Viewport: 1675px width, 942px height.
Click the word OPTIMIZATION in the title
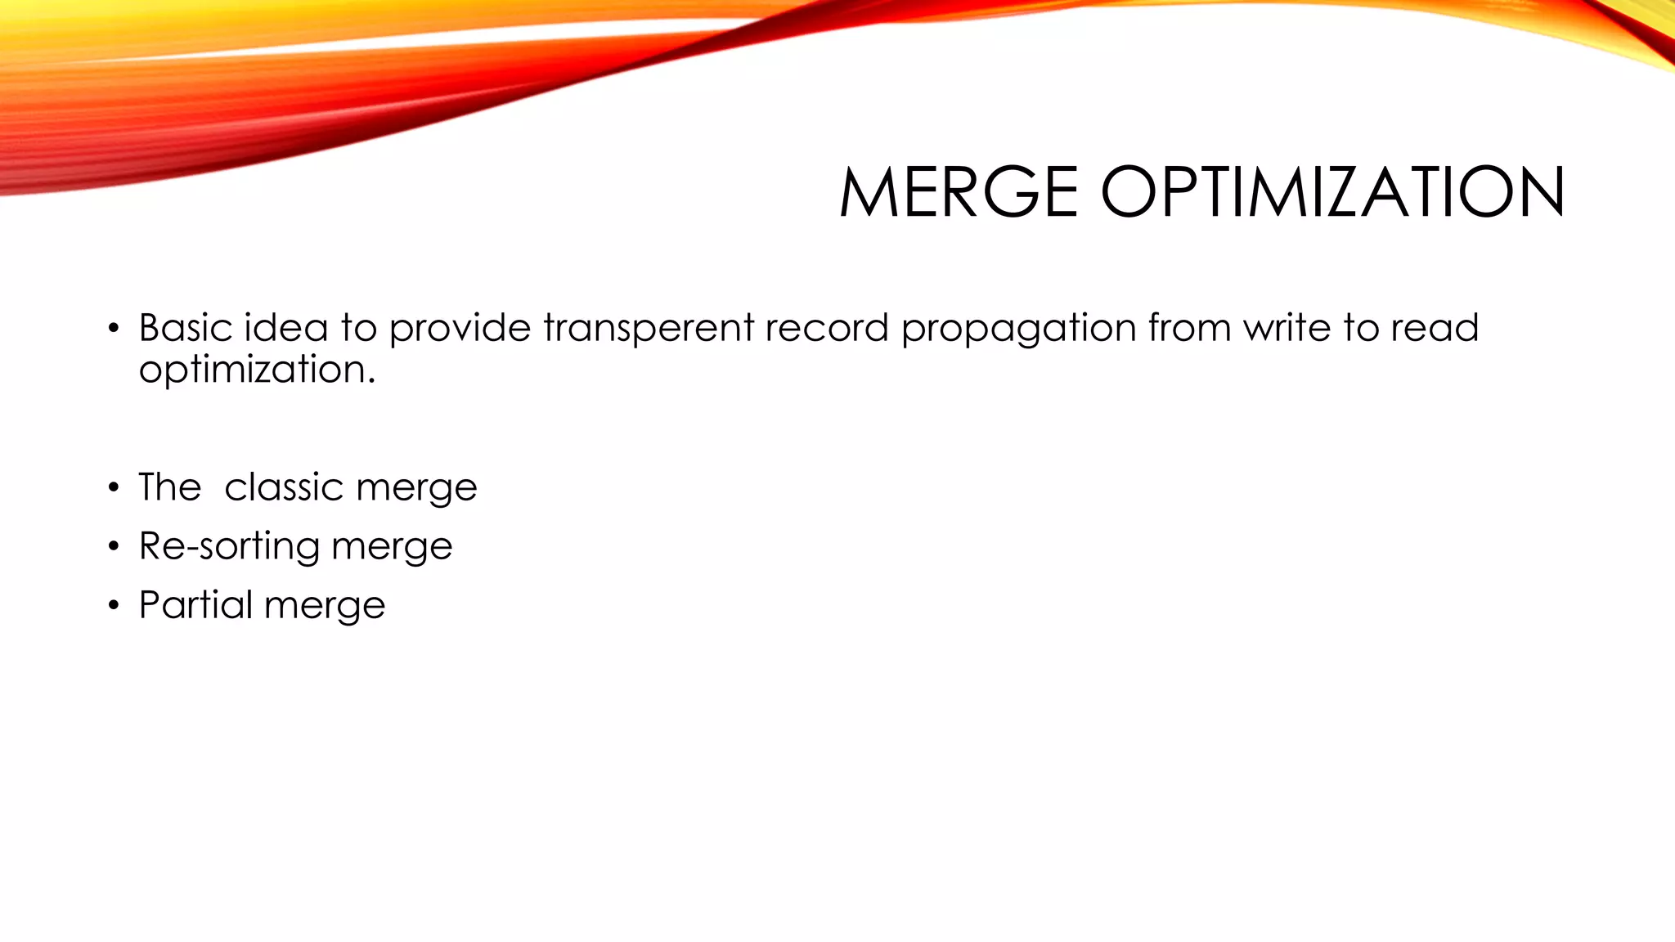[1332, 192]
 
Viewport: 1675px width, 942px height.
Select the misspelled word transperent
[649, 328]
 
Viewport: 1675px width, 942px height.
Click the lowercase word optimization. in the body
[257, 370]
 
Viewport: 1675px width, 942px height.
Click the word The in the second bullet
[169, 487]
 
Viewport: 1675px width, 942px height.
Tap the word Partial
[195, 605]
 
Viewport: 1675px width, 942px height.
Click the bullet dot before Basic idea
[114, 330]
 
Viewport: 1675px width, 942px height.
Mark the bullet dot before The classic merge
[114, 489]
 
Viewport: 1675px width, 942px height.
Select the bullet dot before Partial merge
[114, 607]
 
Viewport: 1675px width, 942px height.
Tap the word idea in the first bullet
[285, 328]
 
